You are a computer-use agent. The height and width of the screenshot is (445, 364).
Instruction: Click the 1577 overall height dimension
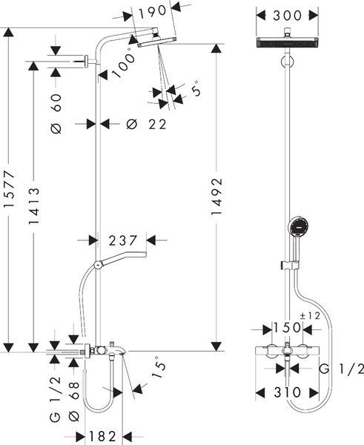coord(8,188)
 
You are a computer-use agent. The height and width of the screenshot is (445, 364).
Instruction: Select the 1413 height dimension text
coord(34,205)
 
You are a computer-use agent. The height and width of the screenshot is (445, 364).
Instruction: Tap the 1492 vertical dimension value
coord(216,197)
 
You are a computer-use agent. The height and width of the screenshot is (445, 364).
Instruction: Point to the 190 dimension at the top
coord(153,11)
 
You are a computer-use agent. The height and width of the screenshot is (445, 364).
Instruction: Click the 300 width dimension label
coord(287,16)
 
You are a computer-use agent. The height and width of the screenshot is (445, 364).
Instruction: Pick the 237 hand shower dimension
coord(123,240)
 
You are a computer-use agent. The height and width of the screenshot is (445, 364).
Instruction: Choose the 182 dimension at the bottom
coord(103,436)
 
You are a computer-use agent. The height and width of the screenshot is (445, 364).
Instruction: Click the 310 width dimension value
coord(287,392)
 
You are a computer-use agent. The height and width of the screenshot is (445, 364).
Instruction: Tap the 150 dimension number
coord(287,328)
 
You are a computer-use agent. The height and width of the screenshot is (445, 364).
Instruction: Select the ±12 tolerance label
coord(310,316)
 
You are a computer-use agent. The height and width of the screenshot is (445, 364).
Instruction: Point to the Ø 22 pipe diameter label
coord(146,125)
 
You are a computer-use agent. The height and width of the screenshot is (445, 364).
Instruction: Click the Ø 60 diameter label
coord(56,113)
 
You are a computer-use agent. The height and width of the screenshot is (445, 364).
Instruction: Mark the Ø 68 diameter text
coord(74,401)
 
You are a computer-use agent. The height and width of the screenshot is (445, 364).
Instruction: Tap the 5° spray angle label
coord(196,88)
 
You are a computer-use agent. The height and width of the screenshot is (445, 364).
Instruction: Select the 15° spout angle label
coord(159,367)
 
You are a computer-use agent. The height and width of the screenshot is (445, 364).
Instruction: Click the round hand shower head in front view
coord(298,226)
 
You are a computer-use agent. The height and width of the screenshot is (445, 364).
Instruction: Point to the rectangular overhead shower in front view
coord(287,42)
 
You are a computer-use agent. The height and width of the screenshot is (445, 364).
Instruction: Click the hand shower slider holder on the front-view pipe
coord(288,266)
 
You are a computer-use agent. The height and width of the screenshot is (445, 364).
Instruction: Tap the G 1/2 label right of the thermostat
coord(341,369)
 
